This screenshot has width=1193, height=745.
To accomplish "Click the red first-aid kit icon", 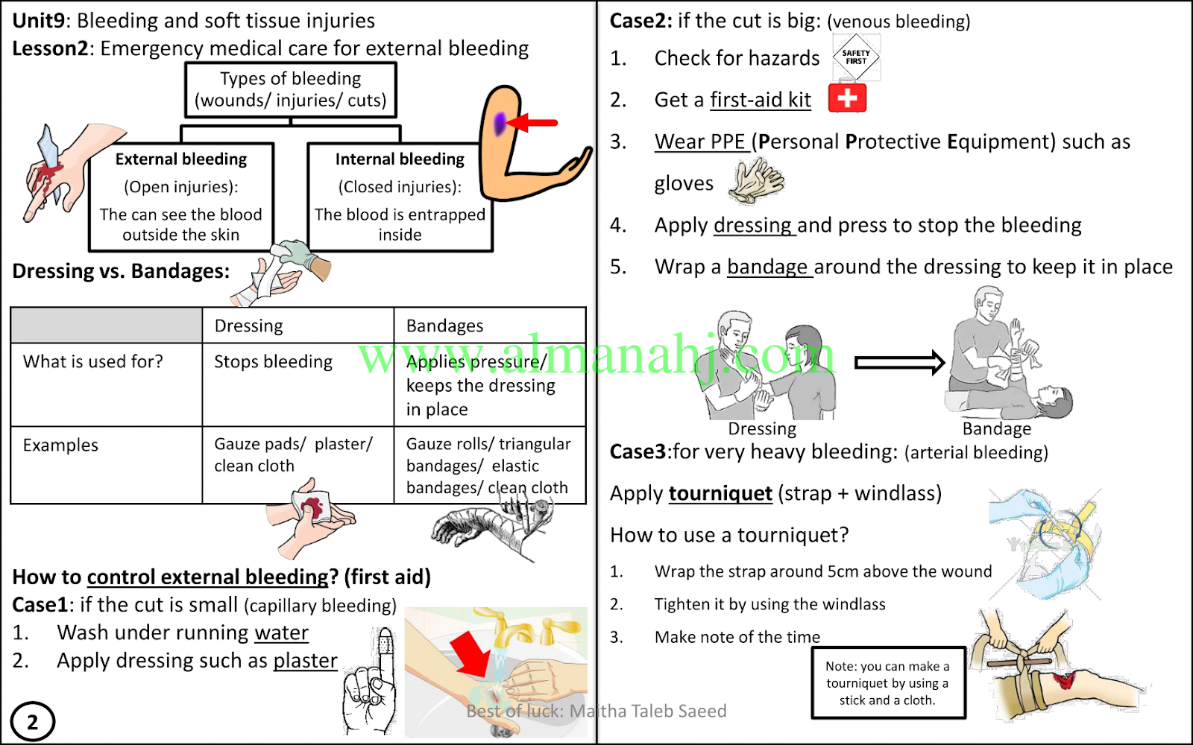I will click(x=847, y=98).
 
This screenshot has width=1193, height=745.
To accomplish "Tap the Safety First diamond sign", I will click(x=856, y=57).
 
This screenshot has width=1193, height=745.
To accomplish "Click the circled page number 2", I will click(x=33, y=721).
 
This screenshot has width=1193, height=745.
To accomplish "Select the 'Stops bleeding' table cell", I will click(x=273, y=362).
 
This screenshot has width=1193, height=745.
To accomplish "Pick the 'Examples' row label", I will click(x=60, y=446).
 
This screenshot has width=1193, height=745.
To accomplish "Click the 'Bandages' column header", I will click(x=444, y=326).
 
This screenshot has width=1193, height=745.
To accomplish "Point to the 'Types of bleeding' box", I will click(x=290, y=89).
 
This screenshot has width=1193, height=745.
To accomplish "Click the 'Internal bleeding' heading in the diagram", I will click(x=400, y=159).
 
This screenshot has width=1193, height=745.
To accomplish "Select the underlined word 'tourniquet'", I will click(x=720, y=493).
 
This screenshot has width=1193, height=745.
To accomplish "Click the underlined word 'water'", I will click(x=281, y=633).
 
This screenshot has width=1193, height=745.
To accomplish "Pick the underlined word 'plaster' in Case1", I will click(x=305, y=661).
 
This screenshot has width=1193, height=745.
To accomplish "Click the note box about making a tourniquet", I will click(x=887, y=682).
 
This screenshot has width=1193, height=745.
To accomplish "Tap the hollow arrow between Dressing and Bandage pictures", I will click(x=899, y=363).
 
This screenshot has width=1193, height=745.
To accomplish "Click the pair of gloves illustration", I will click(x=756, y=182).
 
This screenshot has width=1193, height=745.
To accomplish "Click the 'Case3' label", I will click(x=638, y=452).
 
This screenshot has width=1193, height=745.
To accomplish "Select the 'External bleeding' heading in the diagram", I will click(x=180, y=159).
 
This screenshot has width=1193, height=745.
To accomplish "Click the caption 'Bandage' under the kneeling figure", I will click(x=996, y=429).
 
